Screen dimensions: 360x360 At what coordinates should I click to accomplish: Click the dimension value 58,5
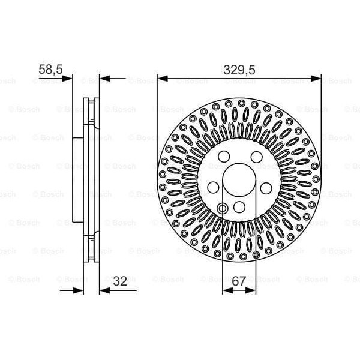tap(50, 70)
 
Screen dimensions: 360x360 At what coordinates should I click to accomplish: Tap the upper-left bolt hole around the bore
tap(223, 157)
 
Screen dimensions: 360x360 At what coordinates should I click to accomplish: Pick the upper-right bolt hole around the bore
tap(257, 157)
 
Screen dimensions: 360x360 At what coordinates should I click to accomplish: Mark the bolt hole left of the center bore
tap(212, 187)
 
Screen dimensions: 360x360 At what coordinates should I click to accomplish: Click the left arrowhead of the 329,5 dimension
tap(162, 78)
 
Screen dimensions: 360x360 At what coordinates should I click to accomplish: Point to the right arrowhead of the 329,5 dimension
tap(317, 78)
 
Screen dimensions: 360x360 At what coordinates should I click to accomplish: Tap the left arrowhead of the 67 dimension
tap(226, 290)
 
